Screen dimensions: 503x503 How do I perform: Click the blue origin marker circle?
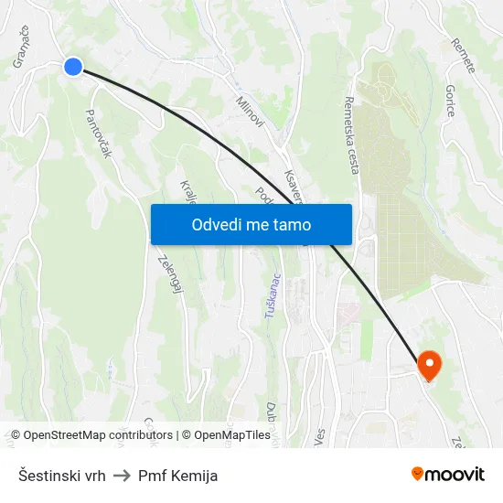point(73,66)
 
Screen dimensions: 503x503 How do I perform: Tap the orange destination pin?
point(429,366)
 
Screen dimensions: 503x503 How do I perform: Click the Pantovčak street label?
point(98,134)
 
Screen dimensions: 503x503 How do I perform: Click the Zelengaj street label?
point(166,273)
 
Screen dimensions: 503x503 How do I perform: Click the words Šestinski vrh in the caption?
point(61,476)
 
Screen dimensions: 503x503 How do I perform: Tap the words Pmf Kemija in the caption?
point(177,476)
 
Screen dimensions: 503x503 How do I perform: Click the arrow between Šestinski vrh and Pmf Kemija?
point(122,476)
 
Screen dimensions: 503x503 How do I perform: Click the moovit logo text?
point(455,475)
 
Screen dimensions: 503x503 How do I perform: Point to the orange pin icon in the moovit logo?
point(418,474)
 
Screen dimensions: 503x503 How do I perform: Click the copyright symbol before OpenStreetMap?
point(16,435)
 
